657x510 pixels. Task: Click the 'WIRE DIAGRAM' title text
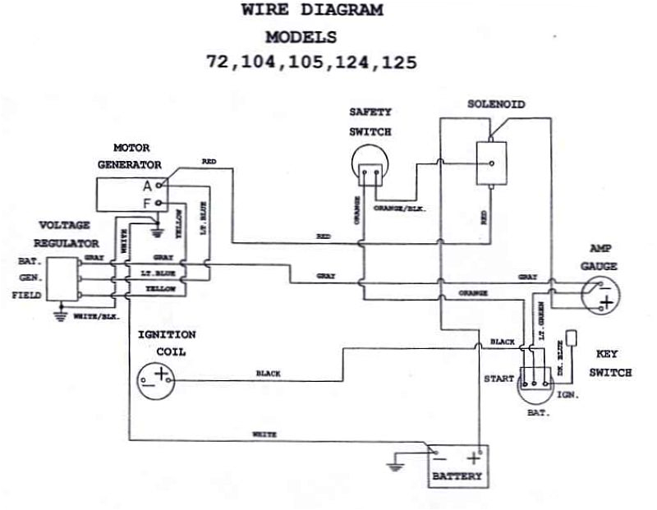pyautogui.click(x=312, y=11)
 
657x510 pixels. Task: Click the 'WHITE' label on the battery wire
pyautogui.click(x=264, y=434)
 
